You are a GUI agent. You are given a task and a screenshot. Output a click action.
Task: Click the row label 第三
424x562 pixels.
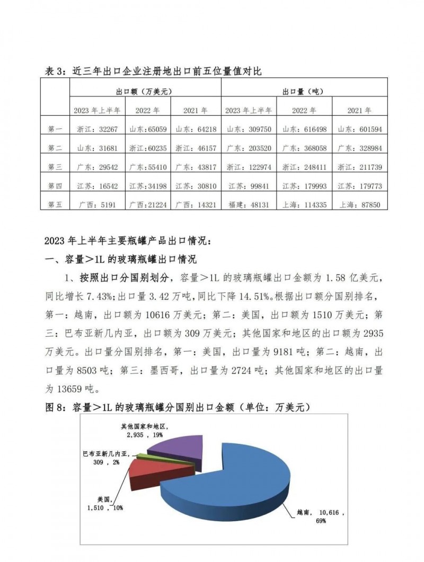click(55, 167)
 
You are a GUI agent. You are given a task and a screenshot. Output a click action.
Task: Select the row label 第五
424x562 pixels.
click(55, 204)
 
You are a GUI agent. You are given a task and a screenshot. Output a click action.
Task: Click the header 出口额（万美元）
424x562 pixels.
click(145, 91)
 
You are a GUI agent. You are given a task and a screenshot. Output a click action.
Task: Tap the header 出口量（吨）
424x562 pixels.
click(304, 91)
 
